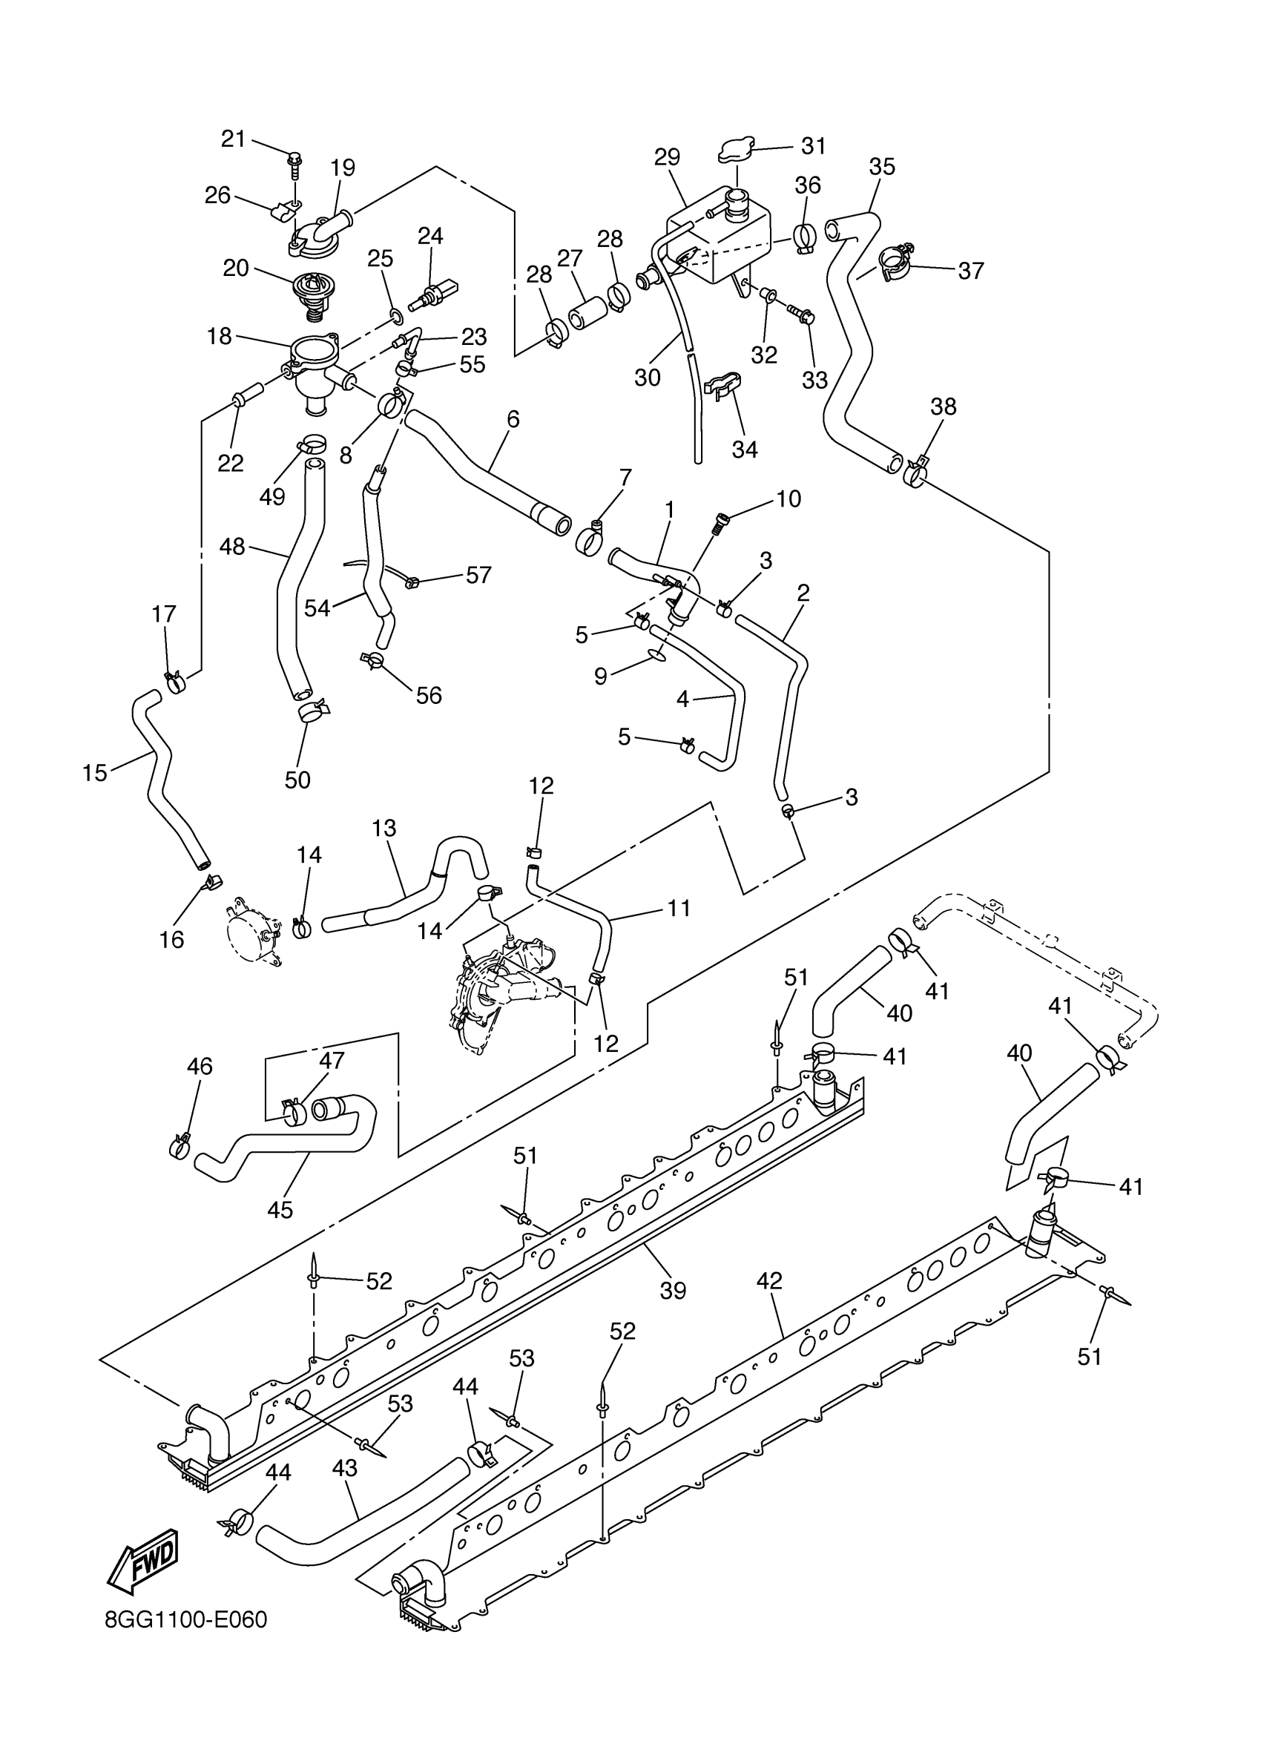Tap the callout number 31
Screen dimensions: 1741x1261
[814, 145]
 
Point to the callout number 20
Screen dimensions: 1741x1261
[236, 268]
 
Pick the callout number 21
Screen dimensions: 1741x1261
[233, 139]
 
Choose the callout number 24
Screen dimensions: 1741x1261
[430, 236]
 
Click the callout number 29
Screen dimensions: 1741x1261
[667, 157]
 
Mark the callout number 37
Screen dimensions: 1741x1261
[971, 270]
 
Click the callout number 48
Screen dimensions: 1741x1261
[231, 547]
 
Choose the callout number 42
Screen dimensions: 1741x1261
[769, 1280]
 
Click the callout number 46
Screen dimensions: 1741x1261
[200, 1066]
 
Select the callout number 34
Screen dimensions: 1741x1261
[744, 449]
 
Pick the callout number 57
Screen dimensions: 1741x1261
[478, 575]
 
